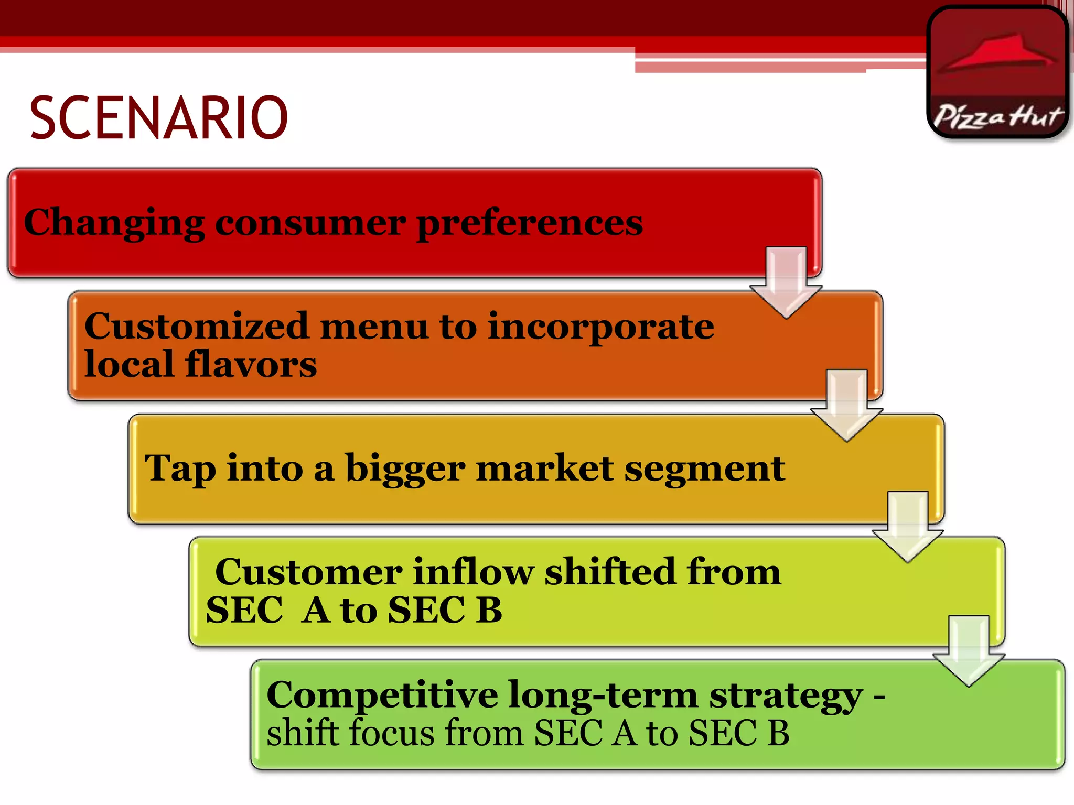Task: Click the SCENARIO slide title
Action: point(158,118)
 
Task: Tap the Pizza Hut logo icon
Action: point(998,72)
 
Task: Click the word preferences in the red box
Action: point(530,223)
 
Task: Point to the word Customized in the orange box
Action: point(196,326)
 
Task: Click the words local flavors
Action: point(200,364)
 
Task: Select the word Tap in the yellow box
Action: point(180,468)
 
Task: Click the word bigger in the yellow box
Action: point(405,468)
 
